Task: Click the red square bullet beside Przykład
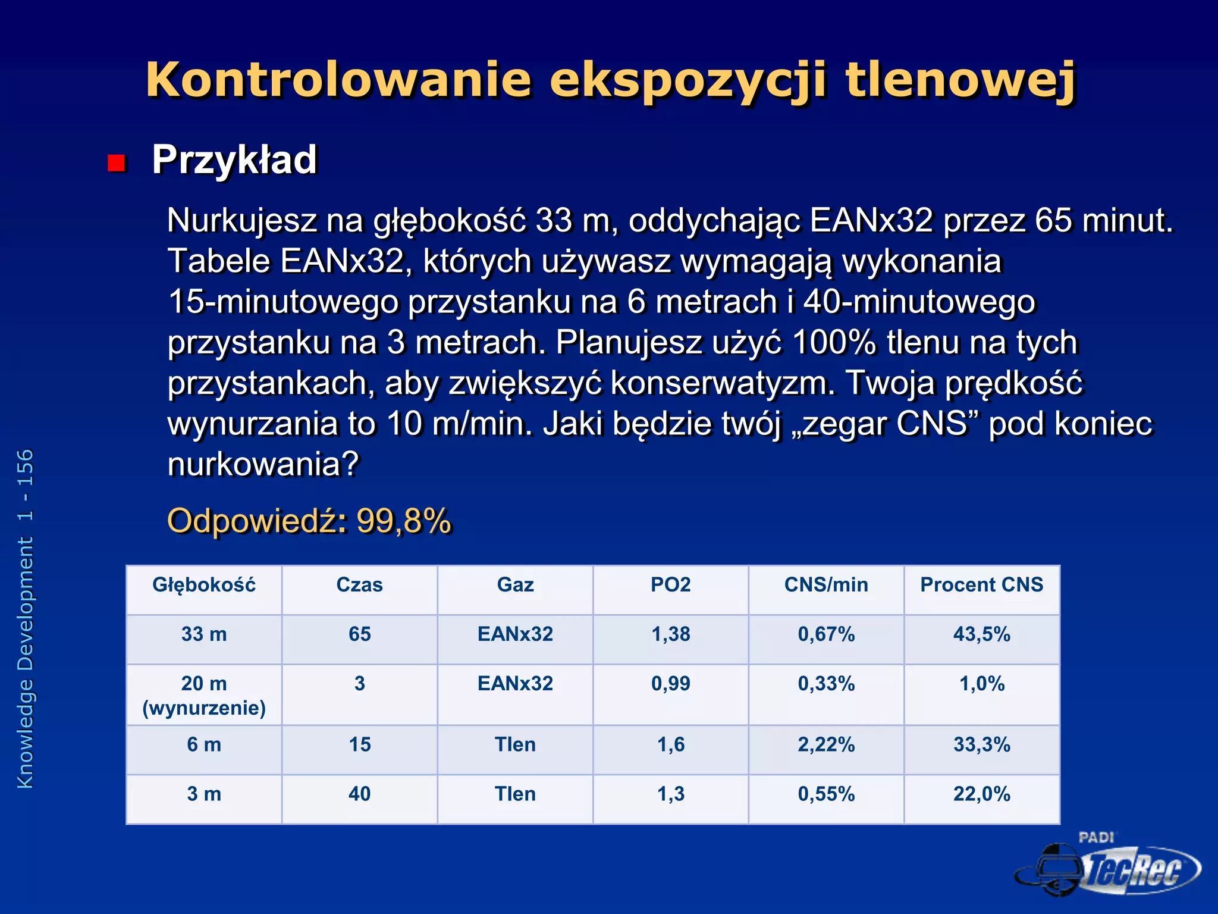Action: tap(117, 162)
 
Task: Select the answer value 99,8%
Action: tap(404, 521)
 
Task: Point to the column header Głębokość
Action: tap(204, 585)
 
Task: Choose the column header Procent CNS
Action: tap(981, 585)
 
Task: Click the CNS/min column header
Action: tap(826, 585)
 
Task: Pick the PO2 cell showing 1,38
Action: tap(671, 634)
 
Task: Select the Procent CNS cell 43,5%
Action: tap(981, 634)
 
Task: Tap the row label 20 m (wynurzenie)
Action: tap(204, 695)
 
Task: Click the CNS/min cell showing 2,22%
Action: tap(826, 744)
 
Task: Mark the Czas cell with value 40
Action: tap(359, 794)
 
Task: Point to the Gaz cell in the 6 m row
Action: tap(515, 744)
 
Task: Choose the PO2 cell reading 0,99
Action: tap(671, 684)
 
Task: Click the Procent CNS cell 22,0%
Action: tap(981, 794)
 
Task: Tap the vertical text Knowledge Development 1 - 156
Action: tap(26, 619)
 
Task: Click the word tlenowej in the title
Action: tap(960, 80)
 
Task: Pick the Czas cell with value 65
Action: tap(359, 634)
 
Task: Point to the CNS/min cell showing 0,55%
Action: tap(826, 794)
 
